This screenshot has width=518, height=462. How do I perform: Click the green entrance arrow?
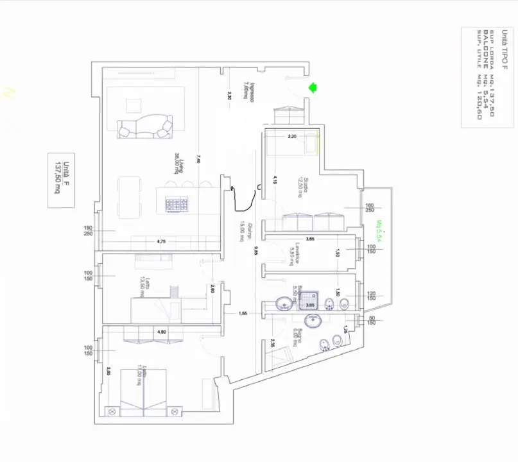click(x=314, y=88)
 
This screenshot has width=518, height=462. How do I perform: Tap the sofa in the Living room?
click(x=146, y=126)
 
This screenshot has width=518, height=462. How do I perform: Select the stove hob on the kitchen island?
click(x=178, y=203)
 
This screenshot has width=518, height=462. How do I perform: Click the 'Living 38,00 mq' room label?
click(x=178, y=164)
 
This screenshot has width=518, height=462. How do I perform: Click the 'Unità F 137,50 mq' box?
click(x=62, y=180)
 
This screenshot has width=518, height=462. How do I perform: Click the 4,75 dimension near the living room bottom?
click(x=162, y=242)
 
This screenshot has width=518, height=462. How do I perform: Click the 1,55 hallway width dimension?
click(x=243, y=313)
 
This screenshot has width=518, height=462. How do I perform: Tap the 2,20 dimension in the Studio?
click(x=291, y=136)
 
